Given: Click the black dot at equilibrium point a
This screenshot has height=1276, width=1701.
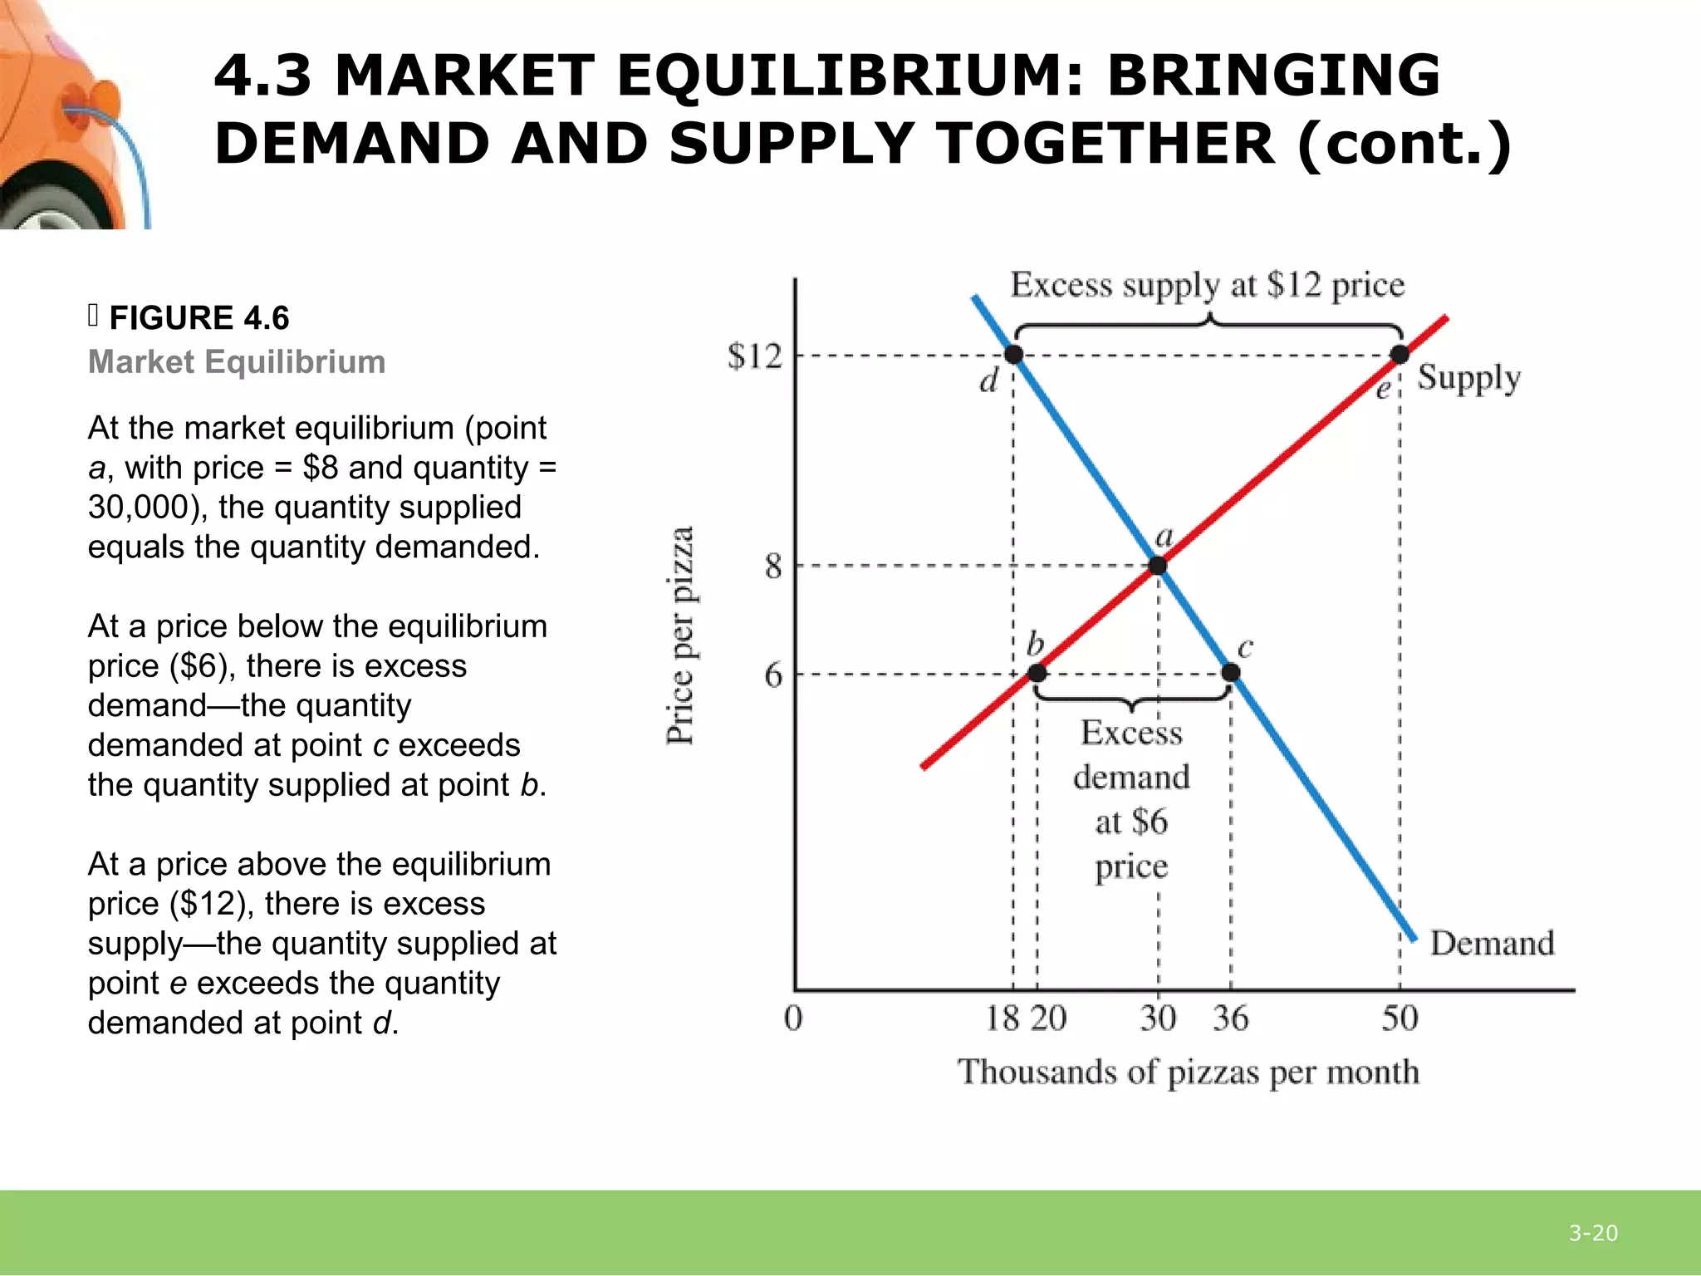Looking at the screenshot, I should [x=1158, y=567].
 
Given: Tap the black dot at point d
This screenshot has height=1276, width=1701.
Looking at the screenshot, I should [x=1013, y=355].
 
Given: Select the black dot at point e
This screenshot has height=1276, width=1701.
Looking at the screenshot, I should [x=1400, y=355].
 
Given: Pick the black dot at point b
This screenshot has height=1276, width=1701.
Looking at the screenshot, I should [x=1037, y=673].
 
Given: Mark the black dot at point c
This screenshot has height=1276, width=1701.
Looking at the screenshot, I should [x=1231, y=672].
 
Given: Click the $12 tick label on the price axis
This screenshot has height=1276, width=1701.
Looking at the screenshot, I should [x=754, y=356].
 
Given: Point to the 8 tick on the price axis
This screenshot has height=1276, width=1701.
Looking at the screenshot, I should [x=773, y=567].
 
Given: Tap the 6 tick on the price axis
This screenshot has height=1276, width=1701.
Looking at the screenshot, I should [x=773, y=675].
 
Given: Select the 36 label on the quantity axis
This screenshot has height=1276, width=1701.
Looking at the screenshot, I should [x=1230, y=1018].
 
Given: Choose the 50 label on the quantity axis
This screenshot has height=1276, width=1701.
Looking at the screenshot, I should [x=1400, y=1018].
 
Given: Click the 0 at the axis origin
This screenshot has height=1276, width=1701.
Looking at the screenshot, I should [x=793, y=1018].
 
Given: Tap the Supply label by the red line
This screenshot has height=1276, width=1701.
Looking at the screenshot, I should [x=1468, y=378].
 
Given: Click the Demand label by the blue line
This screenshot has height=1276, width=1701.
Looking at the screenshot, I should [x=1492, y=944].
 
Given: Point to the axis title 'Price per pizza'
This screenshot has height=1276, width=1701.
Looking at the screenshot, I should [x=680, y=636].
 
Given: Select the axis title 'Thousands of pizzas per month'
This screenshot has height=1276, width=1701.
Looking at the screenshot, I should [x=1188, y=1072].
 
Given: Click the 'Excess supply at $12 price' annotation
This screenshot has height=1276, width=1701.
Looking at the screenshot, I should [x=1207, y=285].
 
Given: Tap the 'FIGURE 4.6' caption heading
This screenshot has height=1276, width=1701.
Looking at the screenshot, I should [x=199, y=318].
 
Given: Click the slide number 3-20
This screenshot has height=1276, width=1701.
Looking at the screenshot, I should [x=1593, y=1233].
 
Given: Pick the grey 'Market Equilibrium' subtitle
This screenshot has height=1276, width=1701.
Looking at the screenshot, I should [x=237, y=362].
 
